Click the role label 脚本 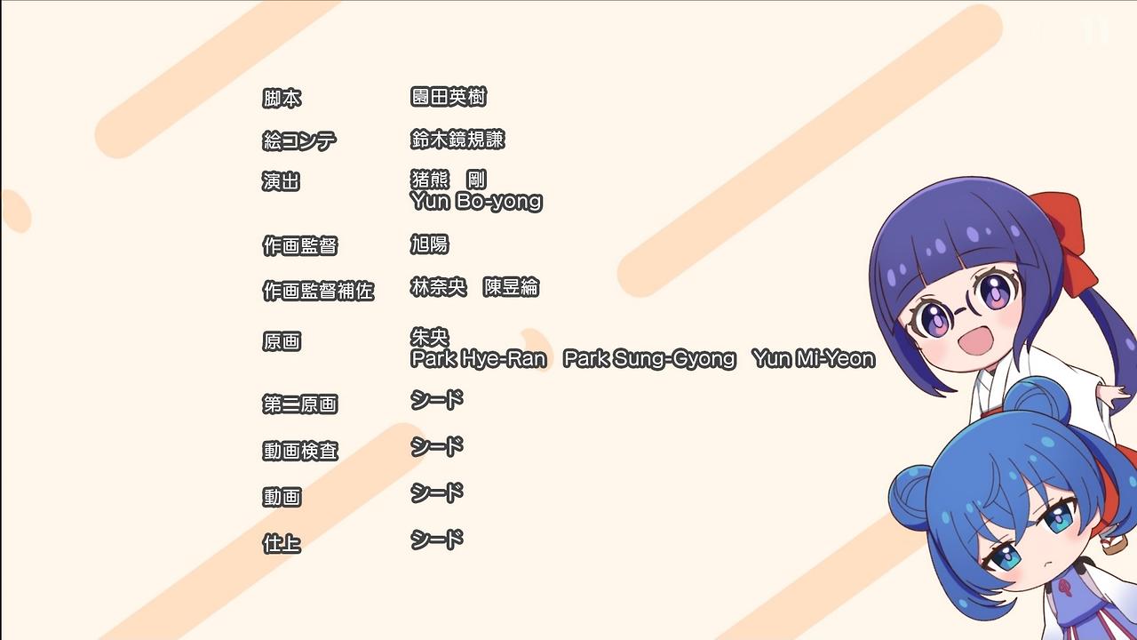tap(282, 99)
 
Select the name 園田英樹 tap(449, 97)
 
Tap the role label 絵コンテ tap(299, 140)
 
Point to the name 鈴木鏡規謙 tap(457, 140)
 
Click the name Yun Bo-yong tap(477, 202)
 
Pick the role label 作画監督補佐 tap(318, 291)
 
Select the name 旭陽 tap(429, 244)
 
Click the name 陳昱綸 tap(511, 287)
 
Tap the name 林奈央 tap(439, 287)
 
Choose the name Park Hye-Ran tap(479, 359)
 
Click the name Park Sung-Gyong tap(649, 359)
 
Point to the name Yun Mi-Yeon tap(814, 359)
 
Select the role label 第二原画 tap(300, 404)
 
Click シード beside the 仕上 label tap(437, 540)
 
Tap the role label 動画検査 tap(300, 451)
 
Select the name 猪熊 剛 tap(449, 180)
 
